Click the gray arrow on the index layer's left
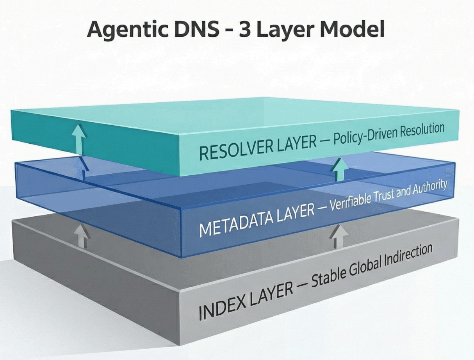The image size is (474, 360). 82,236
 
